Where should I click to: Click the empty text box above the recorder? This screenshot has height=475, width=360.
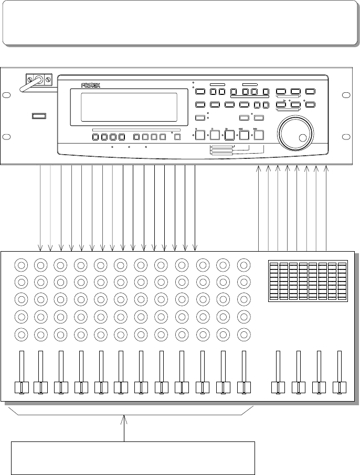coord(179,23)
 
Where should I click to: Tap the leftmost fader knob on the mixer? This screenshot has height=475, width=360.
coord(20,388)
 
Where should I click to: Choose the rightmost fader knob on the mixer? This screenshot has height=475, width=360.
coord(339,388)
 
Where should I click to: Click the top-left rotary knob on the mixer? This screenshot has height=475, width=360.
coord(21,264)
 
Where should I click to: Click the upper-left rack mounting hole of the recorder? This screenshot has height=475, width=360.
coord(6,95)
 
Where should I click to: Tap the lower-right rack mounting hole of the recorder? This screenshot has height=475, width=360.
coord(345,137)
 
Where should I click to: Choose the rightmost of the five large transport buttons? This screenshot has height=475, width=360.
coord(259,136)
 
